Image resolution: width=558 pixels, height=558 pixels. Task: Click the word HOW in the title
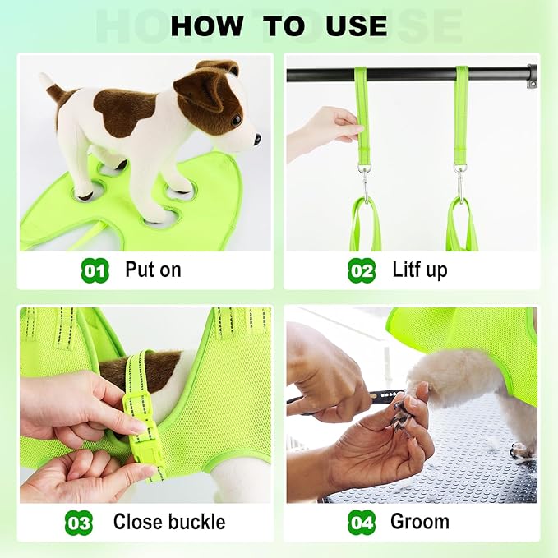tap(208, 26)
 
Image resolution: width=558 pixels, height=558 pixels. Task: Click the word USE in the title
tap(356, 26)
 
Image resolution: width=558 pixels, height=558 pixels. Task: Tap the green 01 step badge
tap(95, 270)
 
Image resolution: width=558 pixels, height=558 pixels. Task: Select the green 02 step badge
tap(362, 270)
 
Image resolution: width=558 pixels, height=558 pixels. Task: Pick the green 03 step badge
tap(79, 522)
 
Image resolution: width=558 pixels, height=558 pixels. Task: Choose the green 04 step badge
tap(362, 522)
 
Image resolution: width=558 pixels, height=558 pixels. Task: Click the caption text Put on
tap(153, 270)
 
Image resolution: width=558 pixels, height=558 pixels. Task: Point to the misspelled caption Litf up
tap(420, 270)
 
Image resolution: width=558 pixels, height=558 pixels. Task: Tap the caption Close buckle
tap(168, 522)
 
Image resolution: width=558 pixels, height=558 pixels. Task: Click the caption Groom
tap(419, 522)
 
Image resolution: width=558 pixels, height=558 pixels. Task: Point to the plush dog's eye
tap(236, 120)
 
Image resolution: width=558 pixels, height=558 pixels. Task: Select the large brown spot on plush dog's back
tap(123, 112)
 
